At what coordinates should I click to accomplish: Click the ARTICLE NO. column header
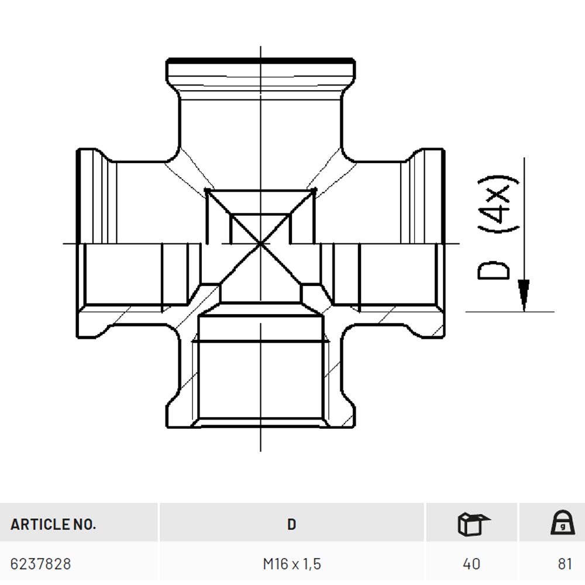click(53, 524)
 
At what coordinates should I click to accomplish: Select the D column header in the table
click(292, 524)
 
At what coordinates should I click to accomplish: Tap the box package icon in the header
click(473, 524)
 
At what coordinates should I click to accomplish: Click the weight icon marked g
click(563, 522)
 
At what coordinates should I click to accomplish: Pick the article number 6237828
click(41, 564)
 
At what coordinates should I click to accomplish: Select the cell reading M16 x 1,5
click(292, 564)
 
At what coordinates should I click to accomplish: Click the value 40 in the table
click(471, 564)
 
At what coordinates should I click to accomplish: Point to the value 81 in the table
click(565, 564)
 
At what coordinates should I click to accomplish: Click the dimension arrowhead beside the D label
click(524, 295)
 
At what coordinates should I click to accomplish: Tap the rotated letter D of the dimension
click(493, 270)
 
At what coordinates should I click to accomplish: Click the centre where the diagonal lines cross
click(260, 244)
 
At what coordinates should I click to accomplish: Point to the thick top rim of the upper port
click(260, 60)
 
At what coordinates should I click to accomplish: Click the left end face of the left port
click(78, 243)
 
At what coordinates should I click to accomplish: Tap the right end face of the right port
click(443, 243)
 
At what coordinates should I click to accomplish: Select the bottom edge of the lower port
click(260, 427)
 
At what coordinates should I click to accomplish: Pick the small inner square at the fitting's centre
click(260, 229)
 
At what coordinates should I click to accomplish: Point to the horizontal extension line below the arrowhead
click(510, 312)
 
